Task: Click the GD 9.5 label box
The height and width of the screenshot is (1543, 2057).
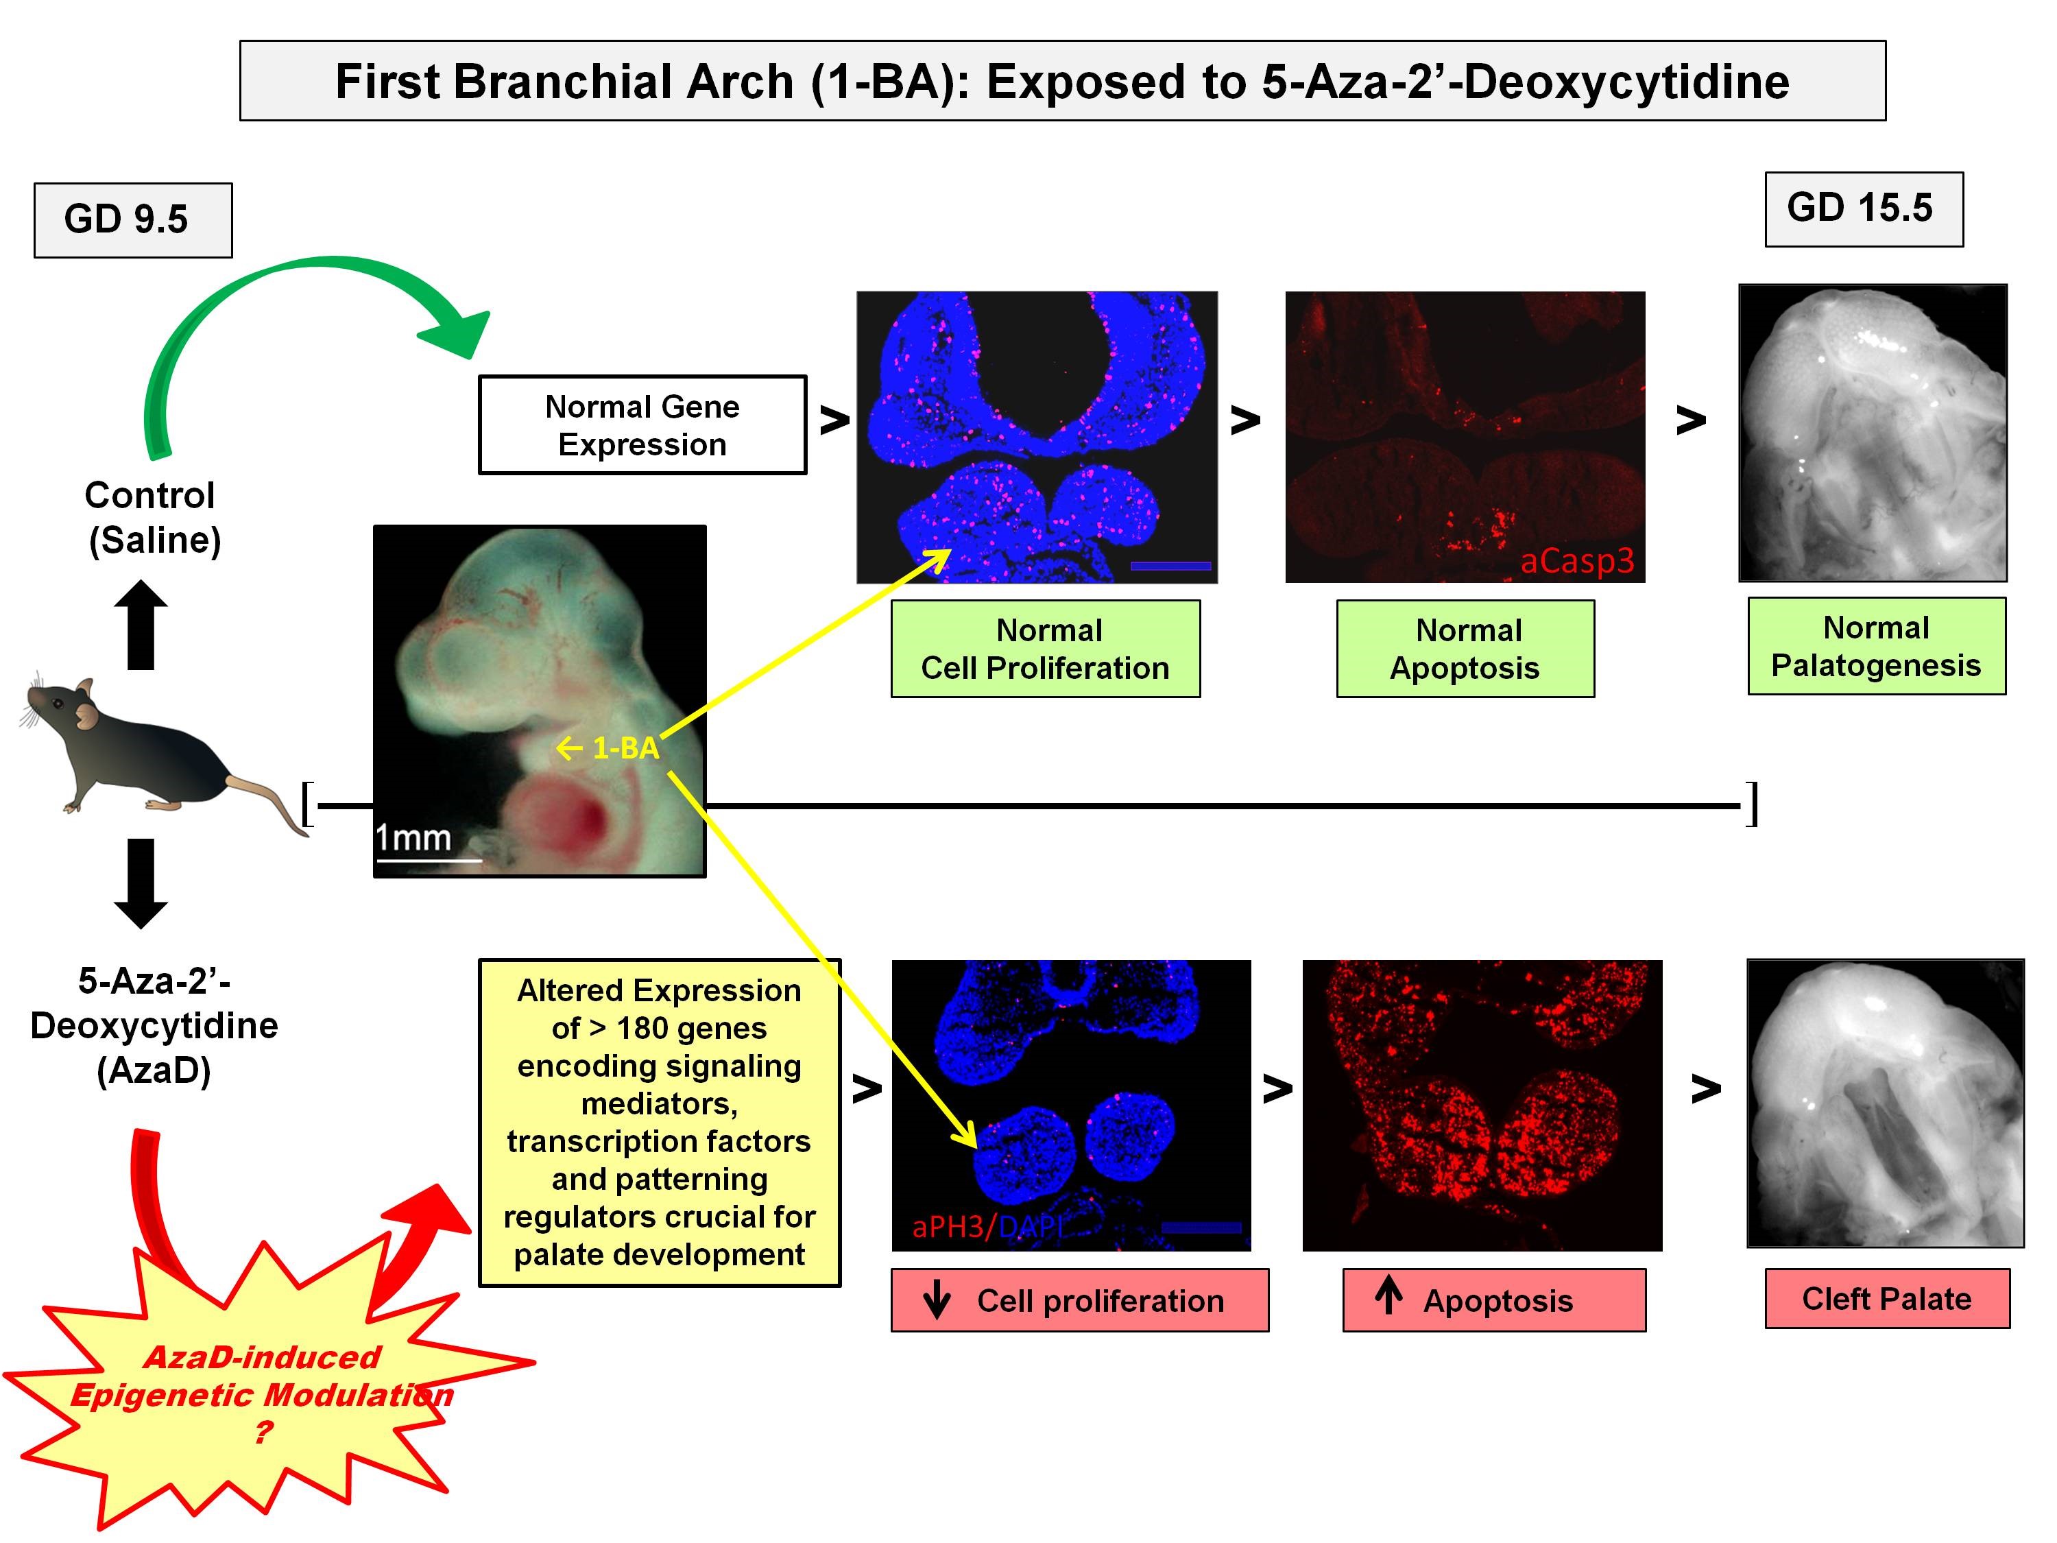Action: coord(132,219)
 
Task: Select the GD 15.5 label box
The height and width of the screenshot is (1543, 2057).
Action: coord(1863,208)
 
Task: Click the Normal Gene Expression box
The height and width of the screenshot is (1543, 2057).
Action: coord(642,425)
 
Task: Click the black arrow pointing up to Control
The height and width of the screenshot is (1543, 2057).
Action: coord(141,624)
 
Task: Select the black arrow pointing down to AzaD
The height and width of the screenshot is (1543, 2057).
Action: coord(141,883)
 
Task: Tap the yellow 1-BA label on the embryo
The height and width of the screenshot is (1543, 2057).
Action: coord(625,747)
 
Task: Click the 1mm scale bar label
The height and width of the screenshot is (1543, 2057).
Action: coord(413,838)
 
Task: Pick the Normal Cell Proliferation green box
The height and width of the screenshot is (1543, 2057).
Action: coord(1045,648)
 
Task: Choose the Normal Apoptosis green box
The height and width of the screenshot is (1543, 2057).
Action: coord(1465,648)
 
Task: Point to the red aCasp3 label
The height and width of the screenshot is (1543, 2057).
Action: coord(1576,561)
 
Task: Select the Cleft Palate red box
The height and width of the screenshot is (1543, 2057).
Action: coord(1887,1297)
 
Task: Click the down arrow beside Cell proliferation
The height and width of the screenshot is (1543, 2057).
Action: coord(937,1300)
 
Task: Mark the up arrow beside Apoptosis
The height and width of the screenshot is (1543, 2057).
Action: coord(1388,1295)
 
